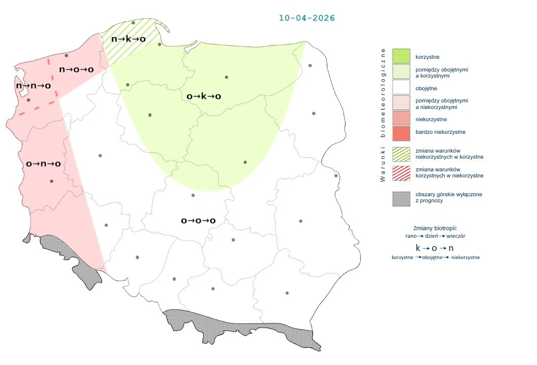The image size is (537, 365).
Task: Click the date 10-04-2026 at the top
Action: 306,18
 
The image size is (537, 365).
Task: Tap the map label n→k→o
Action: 129,39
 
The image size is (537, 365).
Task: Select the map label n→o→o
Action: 76,69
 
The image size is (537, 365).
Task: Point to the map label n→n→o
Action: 33,86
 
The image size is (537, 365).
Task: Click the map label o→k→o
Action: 204,96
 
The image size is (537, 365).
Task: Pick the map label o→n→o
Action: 44,164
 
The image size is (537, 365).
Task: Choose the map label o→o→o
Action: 199,221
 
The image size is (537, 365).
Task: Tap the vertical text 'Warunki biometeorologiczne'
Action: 383,115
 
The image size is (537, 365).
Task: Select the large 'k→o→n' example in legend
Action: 435,248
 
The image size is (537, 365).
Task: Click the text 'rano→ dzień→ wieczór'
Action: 435,236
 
